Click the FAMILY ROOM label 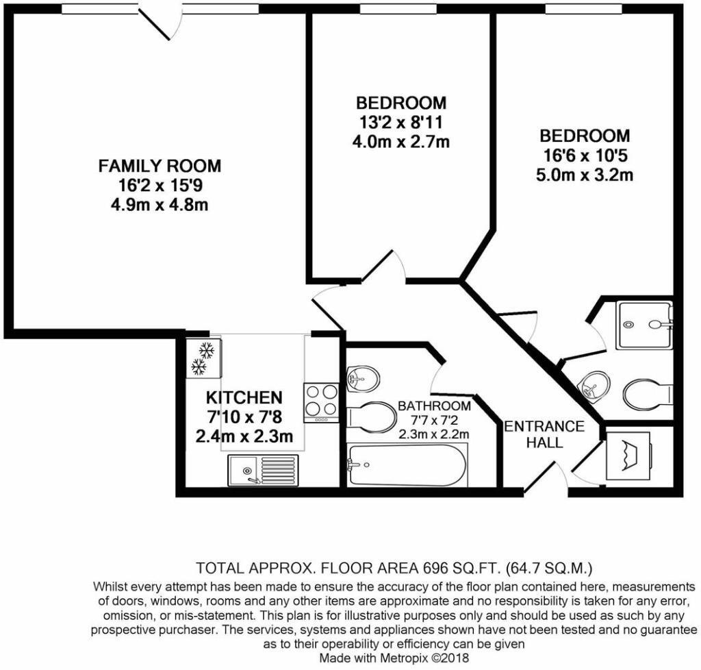[x=160, y=166]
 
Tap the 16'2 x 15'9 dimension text [x=160, y=185]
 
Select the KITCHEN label [x=244, y=397]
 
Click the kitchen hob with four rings [x=322, y=403]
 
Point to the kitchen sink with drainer [x=263, y=470]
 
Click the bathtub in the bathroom [x=407, y=464]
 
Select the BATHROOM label [x=434, y=406]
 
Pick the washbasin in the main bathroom [x=363, y=380]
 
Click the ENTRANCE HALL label [x=544, y=434]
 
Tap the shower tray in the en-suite [x=644, y=325]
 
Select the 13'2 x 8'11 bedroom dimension [x=400, y=122]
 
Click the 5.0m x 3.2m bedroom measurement [x=585, y=175]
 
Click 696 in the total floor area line [x=433, y=569]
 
